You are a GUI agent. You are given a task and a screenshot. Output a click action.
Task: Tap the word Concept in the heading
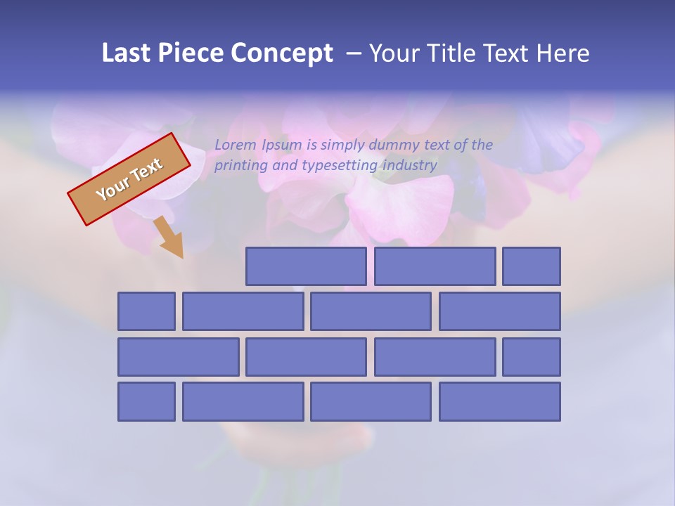pyautogui.click(x=282, y=53)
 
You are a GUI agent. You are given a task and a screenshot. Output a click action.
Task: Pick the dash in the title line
pyautogui.click(x=354, y=53)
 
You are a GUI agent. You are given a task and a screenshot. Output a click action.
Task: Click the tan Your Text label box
pyautogui.click(x=129, y=179)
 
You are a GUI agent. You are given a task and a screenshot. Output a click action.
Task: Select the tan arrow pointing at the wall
pyautogui.click(x=169, y=238)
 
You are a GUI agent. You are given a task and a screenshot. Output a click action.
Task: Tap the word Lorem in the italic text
pyautogui.click(x=236, y=145)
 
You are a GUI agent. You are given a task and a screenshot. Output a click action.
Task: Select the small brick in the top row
pyautogui.click(x=532, y=266)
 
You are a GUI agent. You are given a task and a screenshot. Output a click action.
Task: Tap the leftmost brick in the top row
pyautogui.click(x=306, y=266)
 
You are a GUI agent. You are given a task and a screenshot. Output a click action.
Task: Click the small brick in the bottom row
pyautogui.click(x=146, y=401)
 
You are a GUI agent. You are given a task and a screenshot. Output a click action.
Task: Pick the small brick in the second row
pyautogui.click(x=146, y=311)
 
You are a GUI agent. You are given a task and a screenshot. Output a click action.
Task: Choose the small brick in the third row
pyautogui.click(x=532, y=356)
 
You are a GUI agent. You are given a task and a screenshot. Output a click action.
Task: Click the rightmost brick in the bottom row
pyautogui.click(x=500, y=401)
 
